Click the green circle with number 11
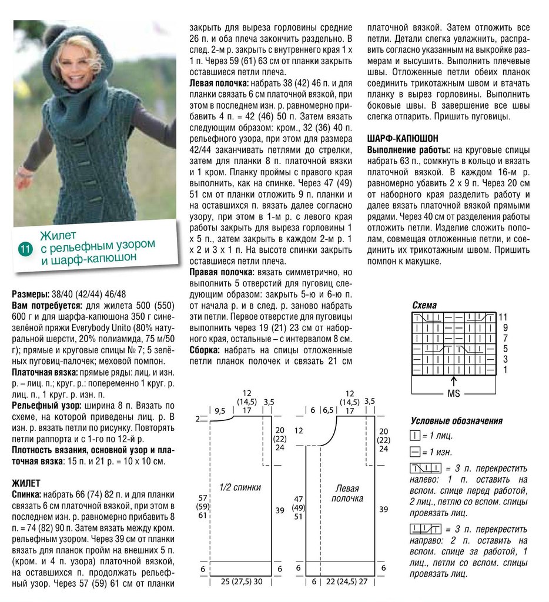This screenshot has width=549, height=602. (x=25, y=249)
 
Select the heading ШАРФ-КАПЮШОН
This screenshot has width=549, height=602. (x=402, y=138)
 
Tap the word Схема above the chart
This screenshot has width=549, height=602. (x=424, y=305)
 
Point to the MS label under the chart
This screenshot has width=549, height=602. (x=454, y=393)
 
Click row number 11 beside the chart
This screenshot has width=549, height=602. (x=503, y=317)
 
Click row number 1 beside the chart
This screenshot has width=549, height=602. (x=504, y=370)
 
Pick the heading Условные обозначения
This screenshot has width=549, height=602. (x=456, y=421)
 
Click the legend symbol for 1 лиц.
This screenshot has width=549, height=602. (x=414, y=436)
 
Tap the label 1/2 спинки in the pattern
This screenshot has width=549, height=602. (x=240, y=487)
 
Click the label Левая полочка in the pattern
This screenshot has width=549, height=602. (x=347, y=493)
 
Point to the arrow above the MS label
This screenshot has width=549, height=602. (x=454, y=381)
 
